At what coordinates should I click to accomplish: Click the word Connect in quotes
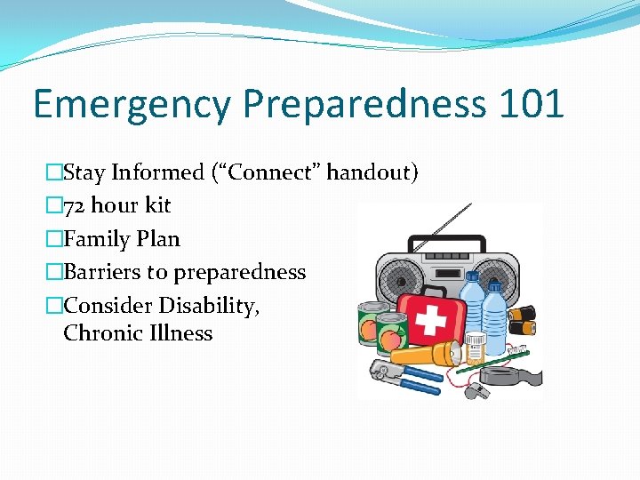click(x=276, y=172)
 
